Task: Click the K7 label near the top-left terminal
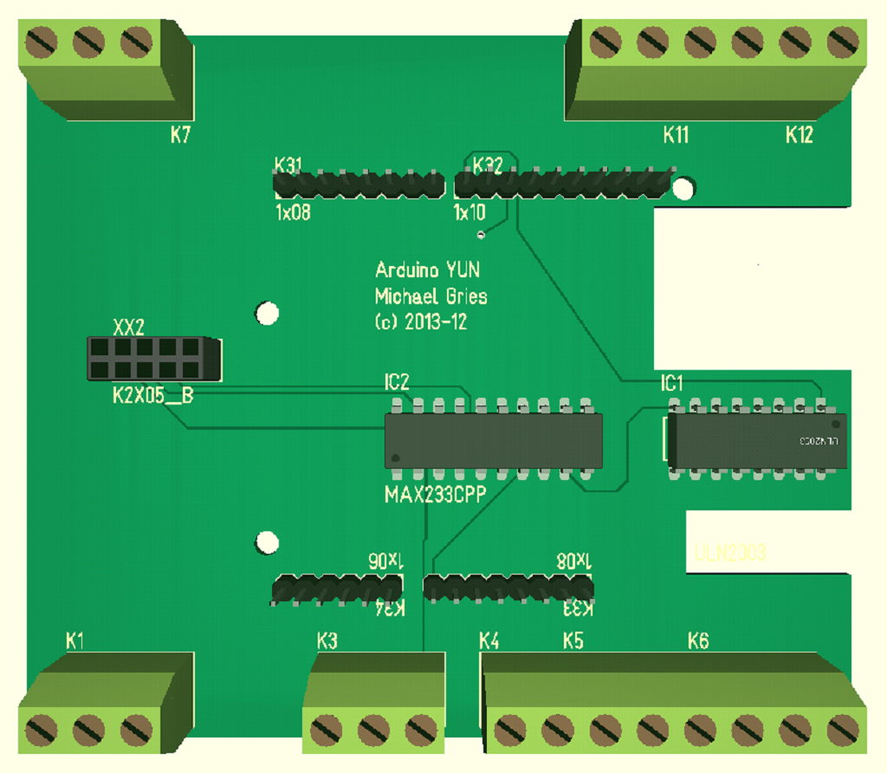[x=180, y=135]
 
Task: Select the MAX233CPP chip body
[x=493, y=441]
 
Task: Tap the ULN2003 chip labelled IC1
[x=757, y=441]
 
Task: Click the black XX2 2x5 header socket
[x=152, y=359]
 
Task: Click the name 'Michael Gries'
[x=431, y=296]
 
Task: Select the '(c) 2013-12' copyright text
[x=421, y=322]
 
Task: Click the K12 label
[x=799, y=135]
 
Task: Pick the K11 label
[x=676, y=135]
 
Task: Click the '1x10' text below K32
[x=469, y=212]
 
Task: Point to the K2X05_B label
[x=152, y=396]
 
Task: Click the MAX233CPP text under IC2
[x=436, y=495]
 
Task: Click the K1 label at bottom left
[x=75, y=641]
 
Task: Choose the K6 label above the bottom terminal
[x=697, y=641]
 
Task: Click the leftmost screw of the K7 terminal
[x=42, y=41]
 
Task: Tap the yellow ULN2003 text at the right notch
[x=730, y=553]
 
